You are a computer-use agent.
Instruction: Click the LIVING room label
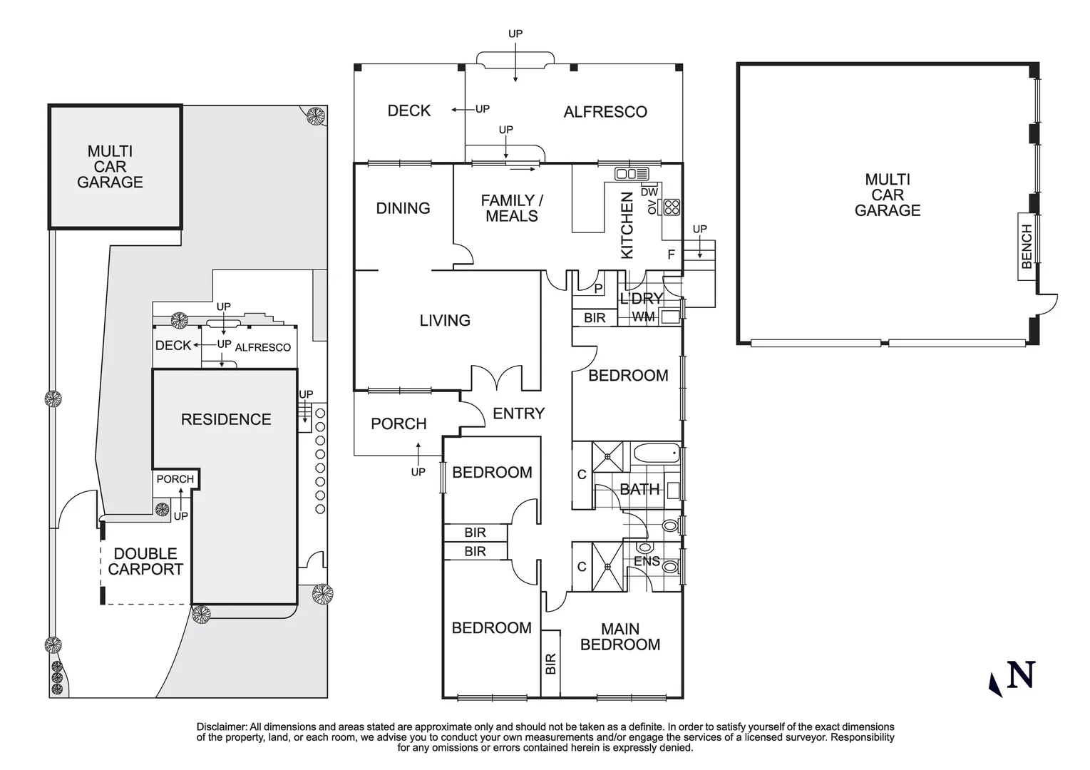(x=445, y=321)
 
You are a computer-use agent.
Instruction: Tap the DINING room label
(x=403, y=208)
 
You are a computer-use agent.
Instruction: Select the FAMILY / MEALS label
(x=511, y=208)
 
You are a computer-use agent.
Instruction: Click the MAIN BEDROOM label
(x=619, y=637)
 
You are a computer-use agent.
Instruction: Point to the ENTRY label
(x=518, y=414)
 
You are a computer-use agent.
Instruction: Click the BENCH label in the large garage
(x=1027, y=246)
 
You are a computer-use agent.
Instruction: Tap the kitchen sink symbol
(x=632, y=174)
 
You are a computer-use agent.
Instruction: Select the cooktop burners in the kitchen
(x=672, y=207)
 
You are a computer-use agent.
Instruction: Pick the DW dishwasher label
(x=649, y=192)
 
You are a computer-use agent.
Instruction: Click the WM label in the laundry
(x=643, y=317)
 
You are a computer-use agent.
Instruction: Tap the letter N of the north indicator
(x=1020, y=674)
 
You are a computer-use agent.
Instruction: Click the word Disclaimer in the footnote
(x=221, y=727)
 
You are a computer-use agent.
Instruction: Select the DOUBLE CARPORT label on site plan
(x=145, y=561)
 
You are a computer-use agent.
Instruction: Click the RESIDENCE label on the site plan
(x=226, y=419)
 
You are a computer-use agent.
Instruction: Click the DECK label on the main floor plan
(x=408, y=111)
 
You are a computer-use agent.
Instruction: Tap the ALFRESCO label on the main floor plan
(x=605, y=112)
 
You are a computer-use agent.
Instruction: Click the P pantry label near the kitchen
(x=598, y=289)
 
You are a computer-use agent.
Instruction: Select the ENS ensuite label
(x=647, y=561)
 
